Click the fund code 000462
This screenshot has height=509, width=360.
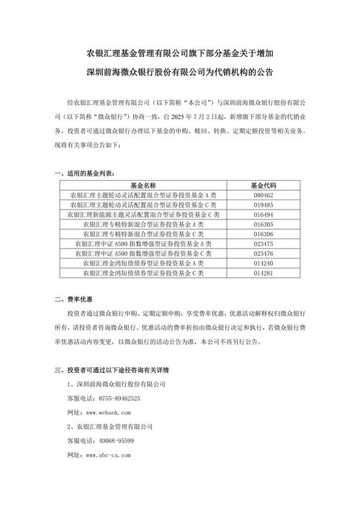[x=263, y=194]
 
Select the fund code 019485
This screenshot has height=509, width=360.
[x=263, y=204]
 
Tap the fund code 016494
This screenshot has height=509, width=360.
[x=263, y=215]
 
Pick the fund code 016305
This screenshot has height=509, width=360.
[x=263, y=224]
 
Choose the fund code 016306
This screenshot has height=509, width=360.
[x=263, y=234]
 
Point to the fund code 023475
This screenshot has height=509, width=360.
[x=263, y=244]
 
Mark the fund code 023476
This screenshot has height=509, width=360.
[x=263, y=253]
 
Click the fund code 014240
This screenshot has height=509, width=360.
[x=263, y=263]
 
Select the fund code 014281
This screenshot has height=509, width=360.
[x=263, y=274]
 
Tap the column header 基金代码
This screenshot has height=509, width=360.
[x=263, y=185]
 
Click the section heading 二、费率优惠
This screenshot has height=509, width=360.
[x=75, y=299]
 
